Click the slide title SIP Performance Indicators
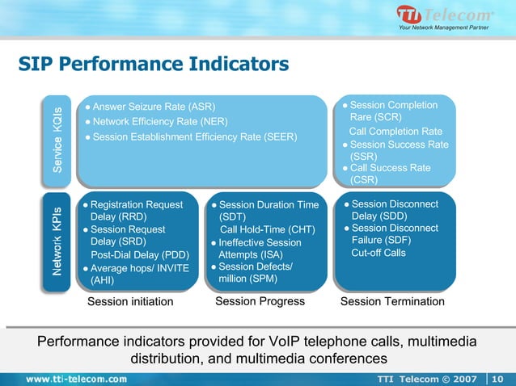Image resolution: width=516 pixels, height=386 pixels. pyautogui.click(x=154, y=63)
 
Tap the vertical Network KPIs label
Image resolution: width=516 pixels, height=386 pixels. pyautogui.click(x=58, y=240)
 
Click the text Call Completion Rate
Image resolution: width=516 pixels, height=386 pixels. pyautogui.click(x=395, y=132)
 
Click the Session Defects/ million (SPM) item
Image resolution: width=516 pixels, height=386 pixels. pyautogui.click(x=255, y=273)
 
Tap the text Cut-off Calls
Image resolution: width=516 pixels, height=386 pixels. pyautogui.click(x=379, y=253)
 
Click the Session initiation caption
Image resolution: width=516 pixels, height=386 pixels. pyautogui.click(x=130, y=302)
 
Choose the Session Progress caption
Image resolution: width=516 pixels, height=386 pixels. pyautogui.click(x=260, y=301)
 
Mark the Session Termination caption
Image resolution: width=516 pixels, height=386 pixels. pyautogui.click(x=392, y=301)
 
